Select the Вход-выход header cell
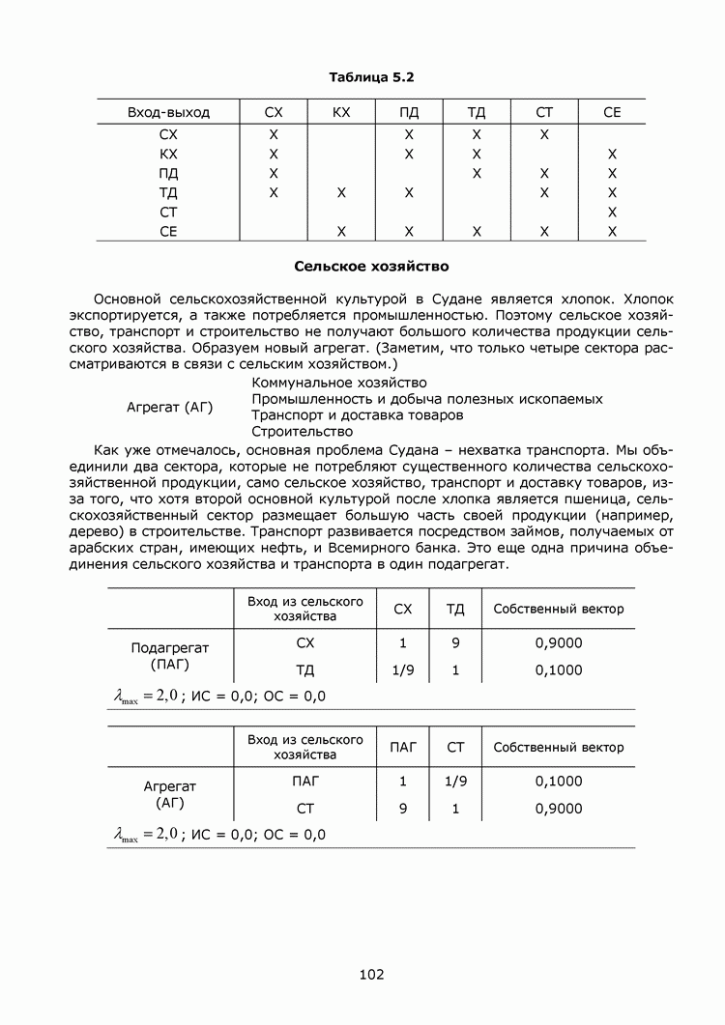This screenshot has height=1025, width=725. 168,113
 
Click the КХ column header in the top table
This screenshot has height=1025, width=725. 341,113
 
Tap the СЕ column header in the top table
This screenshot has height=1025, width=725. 612,113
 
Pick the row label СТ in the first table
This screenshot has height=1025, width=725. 168,212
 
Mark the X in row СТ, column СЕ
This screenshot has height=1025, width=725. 612,212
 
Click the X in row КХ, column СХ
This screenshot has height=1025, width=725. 274,154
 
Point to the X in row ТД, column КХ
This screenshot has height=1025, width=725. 341,192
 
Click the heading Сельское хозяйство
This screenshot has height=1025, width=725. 371,264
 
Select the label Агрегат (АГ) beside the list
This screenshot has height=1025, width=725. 170,407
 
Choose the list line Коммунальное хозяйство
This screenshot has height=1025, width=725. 325,383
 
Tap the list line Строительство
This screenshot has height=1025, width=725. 303,431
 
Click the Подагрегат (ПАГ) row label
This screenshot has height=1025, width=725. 170,656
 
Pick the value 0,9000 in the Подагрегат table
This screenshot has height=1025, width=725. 559,643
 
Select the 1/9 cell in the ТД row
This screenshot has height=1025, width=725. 403,670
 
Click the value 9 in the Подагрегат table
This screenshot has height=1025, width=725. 455,643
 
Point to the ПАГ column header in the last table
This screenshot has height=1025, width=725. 403,747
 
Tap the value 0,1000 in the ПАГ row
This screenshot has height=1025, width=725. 559,782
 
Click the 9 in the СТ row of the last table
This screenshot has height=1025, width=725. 403,809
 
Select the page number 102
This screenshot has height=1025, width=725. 371,975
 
